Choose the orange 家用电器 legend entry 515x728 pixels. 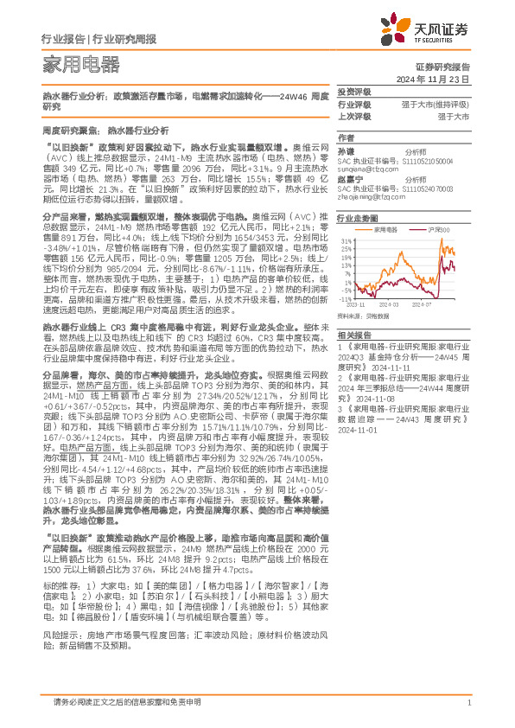pyautogui.click(x=385, y=229)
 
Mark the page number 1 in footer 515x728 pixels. pyautogui.click(x=467, y=701)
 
